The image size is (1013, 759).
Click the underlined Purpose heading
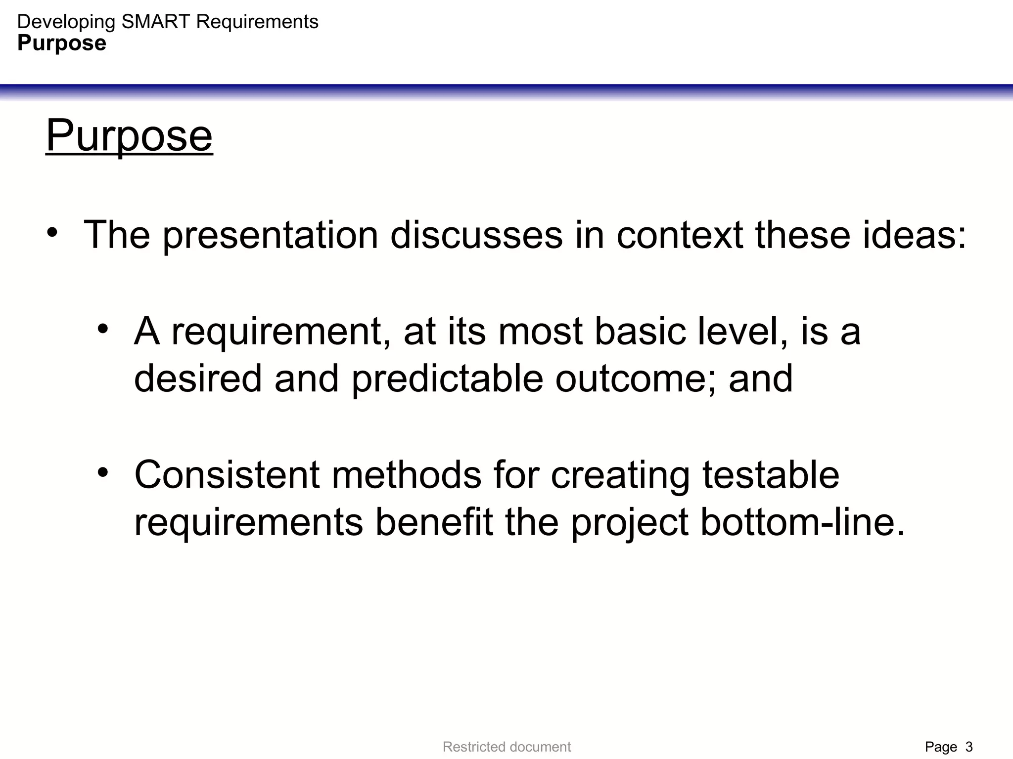pos(129,136)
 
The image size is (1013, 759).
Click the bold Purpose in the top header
pos(62,43)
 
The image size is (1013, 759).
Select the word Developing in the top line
pos(66,22)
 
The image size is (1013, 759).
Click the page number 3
pos(969,747)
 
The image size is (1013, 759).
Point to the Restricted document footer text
pos(506,747)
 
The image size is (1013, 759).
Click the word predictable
pos(447,379)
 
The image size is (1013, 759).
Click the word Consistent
pos(227,475)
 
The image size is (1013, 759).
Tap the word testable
pos(771,475)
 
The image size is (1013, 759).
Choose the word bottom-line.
pos(802,522)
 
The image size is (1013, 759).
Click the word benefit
pos(434,522)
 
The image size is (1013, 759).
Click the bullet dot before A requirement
pos(102,329)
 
